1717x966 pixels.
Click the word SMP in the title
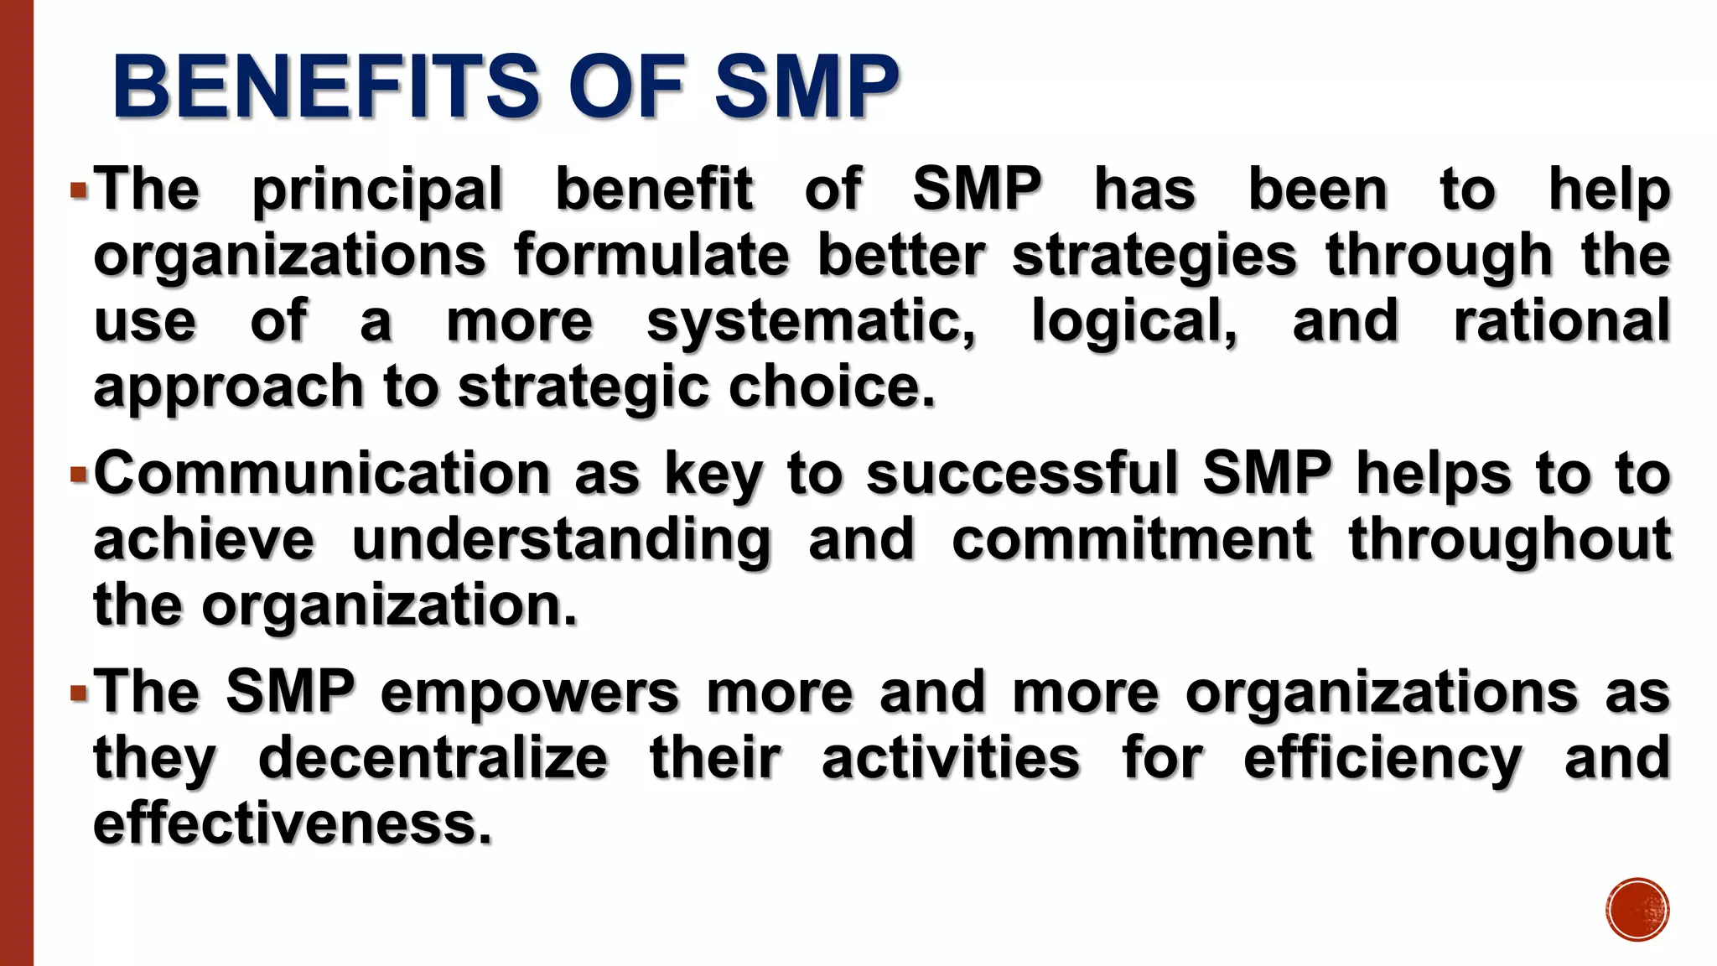807,87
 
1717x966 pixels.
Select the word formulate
651,256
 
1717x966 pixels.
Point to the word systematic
811,323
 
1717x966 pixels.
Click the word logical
1133,323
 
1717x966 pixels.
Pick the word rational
1562,321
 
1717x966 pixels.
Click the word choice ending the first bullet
831,387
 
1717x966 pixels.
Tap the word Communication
322,474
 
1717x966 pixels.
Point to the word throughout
1510,541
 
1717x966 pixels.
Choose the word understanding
561,542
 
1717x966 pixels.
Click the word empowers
529,693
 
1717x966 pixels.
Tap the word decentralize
433,759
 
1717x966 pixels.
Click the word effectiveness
292,824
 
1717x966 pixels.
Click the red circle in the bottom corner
1637,910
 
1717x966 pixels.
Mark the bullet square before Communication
80,475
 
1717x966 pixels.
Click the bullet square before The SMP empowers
80,693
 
